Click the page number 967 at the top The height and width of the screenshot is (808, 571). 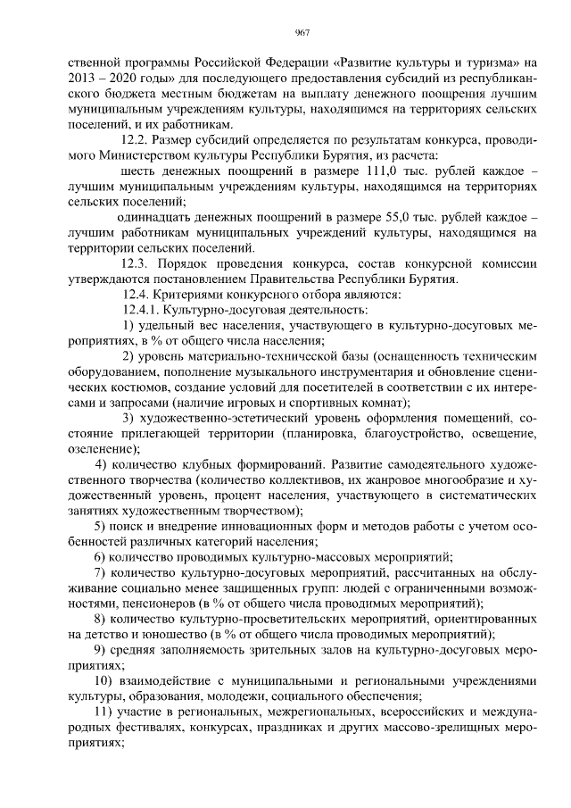point(302,33)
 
